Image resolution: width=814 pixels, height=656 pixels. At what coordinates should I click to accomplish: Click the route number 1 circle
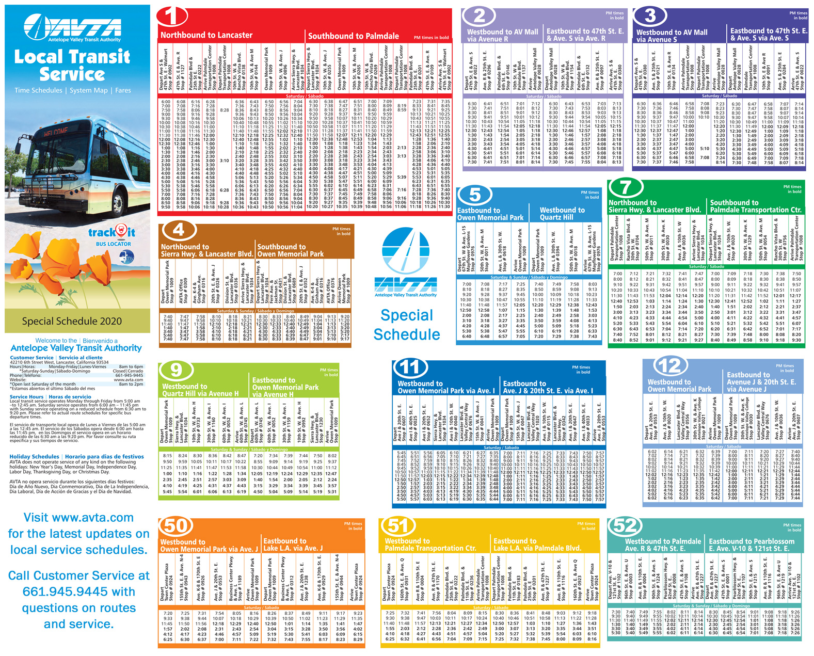(x=172, y=16)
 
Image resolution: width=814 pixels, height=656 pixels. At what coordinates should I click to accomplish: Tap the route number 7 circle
(x=625, y=187)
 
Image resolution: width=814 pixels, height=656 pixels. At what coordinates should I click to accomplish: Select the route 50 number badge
(x=175, y=525)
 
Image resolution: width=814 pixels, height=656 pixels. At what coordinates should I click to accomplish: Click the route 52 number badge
(x=625, y=525)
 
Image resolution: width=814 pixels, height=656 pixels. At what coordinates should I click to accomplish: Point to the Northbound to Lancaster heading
(x=206, y=35)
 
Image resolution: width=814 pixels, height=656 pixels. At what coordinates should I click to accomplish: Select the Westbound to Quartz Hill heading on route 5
(x=562, y=214)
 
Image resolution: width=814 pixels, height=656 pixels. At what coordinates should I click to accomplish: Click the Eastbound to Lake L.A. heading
(x=293, y=544)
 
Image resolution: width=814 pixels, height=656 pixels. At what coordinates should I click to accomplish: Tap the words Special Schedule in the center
(x=406, y=325)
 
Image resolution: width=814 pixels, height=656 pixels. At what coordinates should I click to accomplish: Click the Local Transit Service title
(x=72, y=65)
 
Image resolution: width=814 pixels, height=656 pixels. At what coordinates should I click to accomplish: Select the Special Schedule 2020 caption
(x=72, y=321)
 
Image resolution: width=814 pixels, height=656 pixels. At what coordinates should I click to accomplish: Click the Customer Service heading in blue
(x=31, y=357)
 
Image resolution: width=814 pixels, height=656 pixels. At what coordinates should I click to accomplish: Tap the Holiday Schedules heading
(x=34, y=456)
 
